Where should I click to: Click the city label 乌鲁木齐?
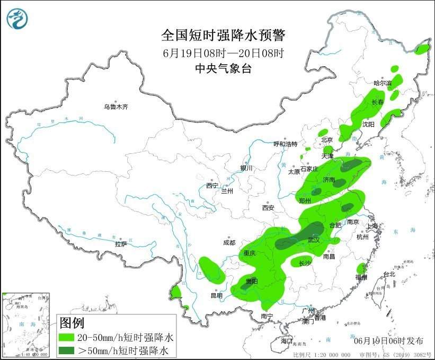click(116, 107)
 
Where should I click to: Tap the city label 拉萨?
click(121, 244)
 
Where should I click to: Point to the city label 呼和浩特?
click(285, 144)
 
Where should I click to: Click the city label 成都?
click(229, 243)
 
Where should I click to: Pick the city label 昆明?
click(217, 295)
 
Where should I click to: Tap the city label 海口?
click(287, 340)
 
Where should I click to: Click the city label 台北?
click(389, 274)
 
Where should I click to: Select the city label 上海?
click(373, 226)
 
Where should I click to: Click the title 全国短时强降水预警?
click(223, 36)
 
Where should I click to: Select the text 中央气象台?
click(223, 68)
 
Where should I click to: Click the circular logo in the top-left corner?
click(17, 19)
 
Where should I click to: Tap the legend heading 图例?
click(72, 322)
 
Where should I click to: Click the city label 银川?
click(247, 168)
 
